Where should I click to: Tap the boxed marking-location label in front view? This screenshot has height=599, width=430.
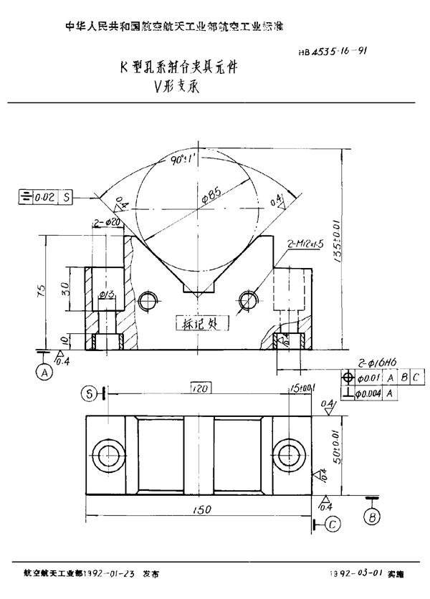click(201, 323)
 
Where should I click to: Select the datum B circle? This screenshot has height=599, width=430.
click(372, 515)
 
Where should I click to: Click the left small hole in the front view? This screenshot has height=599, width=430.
click(148, 299)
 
